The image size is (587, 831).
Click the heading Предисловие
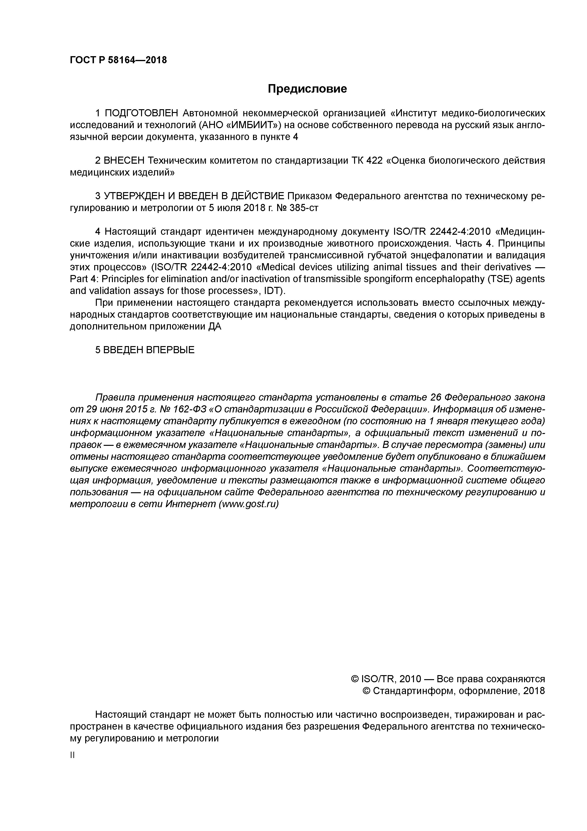(307, 89)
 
